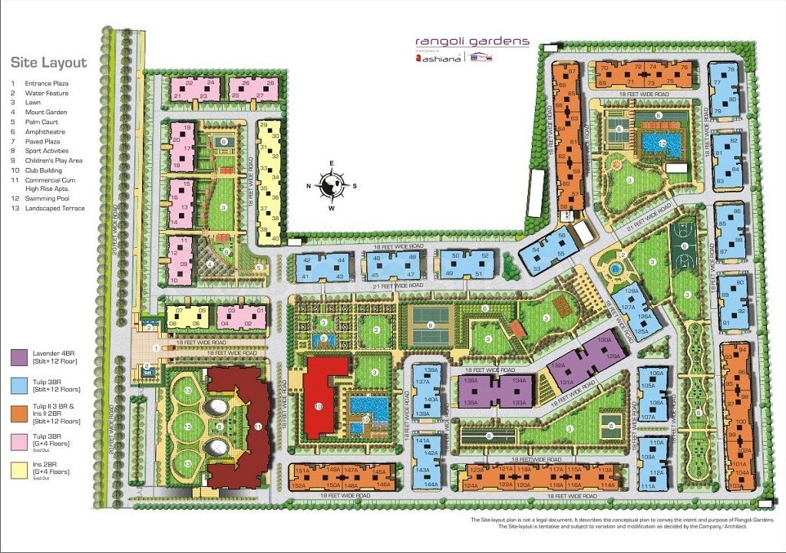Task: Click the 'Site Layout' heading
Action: pyautogui.click(x=48, y=63)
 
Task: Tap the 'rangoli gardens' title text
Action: pyautogui.click(x=472, y=41)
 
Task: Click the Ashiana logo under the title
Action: pyautogui.click(x=438, y=58)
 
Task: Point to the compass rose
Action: pyautogui.click(x=332, y=184)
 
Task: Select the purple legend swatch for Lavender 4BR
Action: pyautogui.click(x=20, y=357)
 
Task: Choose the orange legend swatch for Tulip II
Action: pyautogui.click(x=20, y=414)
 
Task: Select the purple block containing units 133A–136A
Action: pyautogui.click(x=495, y=390)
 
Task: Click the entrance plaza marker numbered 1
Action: pyautogui.click(x=156, y=347)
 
